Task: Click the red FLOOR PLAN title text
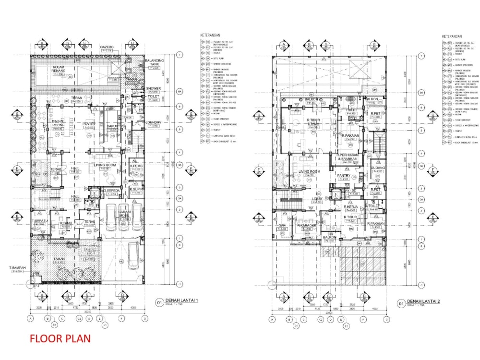point(60,338)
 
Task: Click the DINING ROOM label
point(58,123)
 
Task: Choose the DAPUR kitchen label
point(112,127)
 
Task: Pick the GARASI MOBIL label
point(125,215)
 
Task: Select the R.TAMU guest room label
point(66,224)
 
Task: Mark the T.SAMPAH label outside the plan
point(17,268)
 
